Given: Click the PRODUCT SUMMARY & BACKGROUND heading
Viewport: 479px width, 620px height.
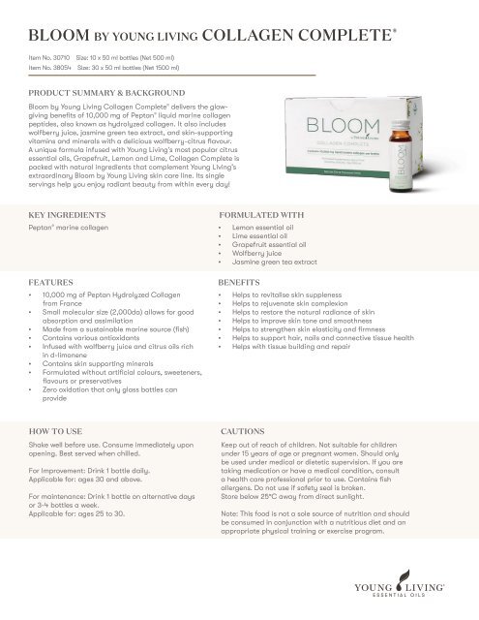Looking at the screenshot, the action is pyautogui.click(x=105, y=97).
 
